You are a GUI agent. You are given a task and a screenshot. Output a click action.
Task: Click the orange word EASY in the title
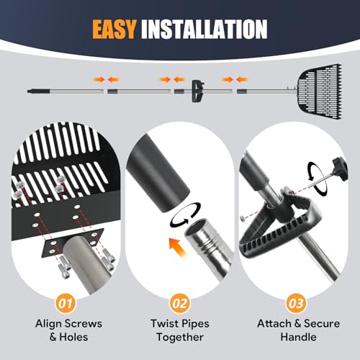coord(114,30)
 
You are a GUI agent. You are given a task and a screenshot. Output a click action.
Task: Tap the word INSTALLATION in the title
coord(204,30)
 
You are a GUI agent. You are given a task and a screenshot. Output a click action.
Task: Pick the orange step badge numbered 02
coord(180,304)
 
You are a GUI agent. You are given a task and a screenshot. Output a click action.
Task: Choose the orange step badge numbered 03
coord(296,304)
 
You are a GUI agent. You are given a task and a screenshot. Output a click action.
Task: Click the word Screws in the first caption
coord(81,323)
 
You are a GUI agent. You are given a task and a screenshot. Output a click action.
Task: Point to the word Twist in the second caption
coord(164,323)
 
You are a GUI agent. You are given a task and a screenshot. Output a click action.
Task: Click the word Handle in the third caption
coord(298,337)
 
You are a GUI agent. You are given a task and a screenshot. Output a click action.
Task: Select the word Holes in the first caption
coord(73,337)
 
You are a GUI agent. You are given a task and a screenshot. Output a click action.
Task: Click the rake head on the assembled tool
coord(320,91)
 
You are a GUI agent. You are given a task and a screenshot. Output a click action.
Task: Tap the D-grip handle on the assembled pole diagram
coord(198,91)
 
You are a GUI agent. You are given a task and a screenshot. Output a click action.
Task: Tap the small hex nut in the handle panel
coord(243,218)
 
